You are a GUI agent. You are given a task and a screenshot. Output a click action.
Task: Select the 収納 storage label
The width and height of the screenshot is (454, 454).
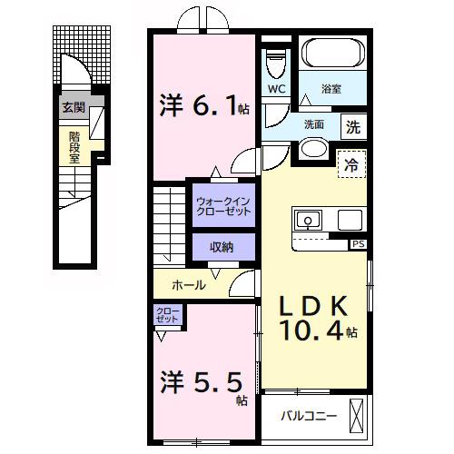point(222,246)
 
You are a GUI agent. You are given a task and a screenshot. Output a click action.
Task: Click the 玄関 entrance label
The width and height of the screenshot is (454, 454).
point(72,107)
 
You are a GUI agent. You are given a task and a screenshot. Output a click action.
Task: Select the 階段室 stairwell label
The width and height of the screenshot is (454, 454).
point(74,144)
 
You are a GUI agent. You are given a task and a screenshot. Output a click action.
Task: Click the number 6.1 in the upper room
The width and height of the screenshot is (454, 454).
point(212,107)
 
